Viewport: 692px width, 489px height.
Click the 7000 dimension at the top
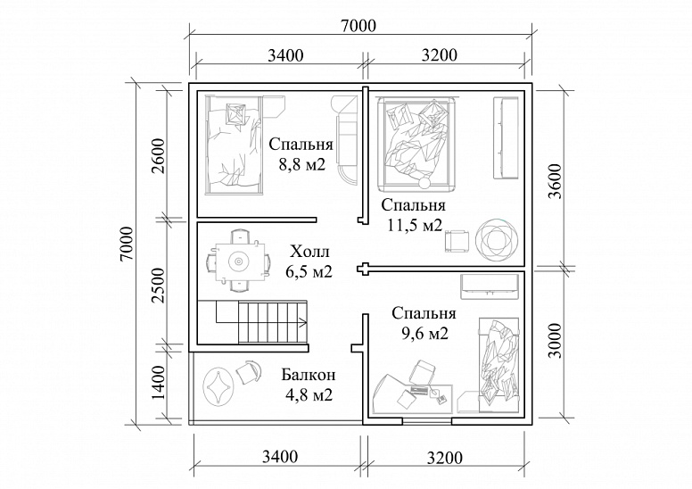(x=358, y=26)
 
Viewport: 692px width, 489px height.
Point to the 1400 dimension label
(x=158, y=382)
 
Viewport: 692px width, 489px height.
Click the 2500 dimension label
(x=158, y=285)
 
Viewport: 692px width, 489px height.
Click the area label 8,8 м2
(x=301, y=165)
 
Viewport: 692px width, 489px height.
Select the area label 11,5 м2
(x=415, y=225)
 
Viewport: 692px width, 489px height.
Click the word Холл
(x=309, y=252)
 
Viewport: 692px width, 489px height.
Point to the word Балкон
(x=309, y=375)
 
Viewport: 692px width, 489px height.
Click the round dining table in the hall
(x=238, y=261)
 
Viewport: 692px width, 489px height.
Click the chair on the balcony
(x=249, y=372)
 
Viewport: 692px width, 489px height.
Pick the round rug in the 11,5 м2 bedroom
(x=497, y=241)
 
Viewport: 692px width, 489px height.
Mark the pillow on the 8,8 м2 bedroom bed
(x=235, y=114)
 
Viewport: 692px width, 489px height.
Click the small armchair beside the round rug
(x=457, y=242)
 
